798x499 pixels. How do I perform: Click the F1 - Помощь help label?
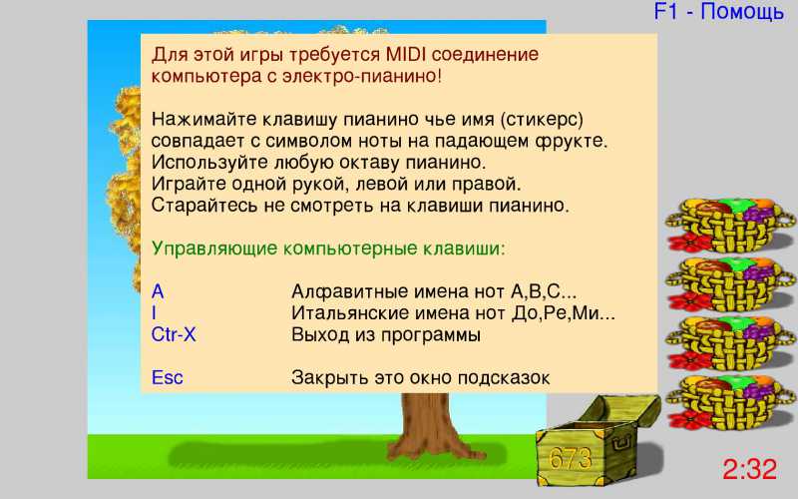pyautogui.click(x=718, y=12)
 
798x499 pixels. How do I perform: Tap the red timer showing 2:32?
pyautogui.click(x=750, y=469)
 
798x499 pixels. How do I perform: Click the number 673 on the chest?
pyautogui.click(x=571, y=459)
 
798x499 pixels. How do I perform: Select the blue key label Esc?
pyautogui.click(x=167, y=378)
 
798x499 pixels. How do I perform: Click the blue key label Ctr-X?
pyautogui.click(x=174, y=334)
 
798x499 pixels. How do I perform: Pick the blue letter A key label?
pyautogui.click(x=158, y=291)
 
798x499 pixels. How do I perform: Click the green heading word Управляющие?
pyautogui.click(x=214, y=249)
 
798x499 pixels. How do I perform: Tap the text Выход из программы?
pyautogui.click(x=386, y=335)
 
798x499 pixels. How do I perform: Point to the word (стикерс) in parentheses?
pyautogui.click(x=542, y=120)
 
